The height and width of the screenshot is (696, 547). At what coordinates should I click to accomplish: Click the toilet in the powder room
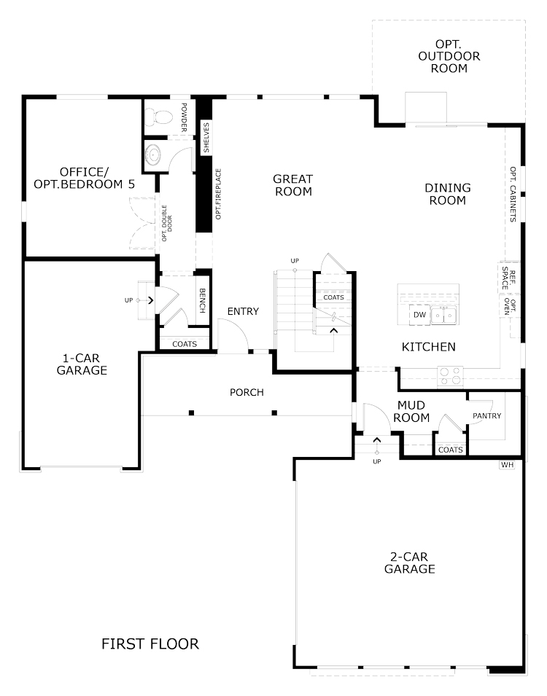click(159, 117)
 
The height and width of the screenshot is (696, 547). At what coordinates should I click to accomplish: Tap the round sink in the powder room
click(154, 155)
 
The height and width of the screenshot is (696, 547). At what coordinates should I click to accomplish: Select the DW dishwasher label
click(419, 315)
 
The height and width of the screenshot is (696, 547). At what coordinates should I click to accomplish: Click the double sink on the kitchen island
click(443, 316)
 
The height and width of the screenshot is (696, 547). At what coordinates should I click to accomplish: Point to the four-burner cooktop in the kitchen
click(450, 376)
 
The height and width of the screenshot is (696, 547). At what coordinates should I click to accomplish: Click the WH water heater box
click(507, 465)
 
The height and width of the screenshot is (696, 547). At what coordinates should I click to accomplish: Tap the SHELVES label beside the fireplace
click(206, 138)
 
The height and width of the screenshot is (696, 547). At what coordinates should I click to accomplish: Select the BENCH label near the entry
click(202, 301)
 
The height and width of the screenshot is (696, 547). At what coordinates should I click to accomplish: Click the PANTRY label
click(487, 416)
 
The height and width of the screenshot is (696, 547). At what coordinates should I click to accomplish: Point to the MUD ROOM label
click(411, 412)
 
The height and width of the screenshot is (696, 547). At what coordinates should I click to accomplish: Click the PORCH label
click(247, 392)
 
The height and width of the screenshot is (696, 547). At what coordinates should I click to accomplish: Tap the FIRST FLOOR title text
click(150, 644)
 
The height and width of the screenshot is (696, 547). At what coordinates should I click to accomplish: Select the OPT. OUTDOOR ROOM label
click(449, 56)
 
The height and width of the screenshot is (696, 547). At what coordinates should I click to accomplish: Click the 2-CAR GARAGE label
click(410, 563)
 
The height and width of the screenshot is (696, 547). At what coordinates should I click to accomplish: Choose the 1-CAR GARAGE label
click(82, 364)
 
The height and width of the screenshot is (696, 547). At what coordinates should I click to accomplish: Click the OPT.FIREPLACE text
click(218, 194)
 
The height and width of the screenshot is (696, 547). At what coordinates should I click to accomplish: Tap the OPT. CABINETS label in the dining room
click(513, 195)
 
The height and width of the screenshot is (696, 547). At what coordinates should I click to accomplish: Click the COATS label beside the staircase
click(334, 297)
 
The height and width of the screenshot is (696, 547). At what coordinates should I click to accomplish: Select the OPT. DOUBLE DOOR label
click(166, 223)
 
